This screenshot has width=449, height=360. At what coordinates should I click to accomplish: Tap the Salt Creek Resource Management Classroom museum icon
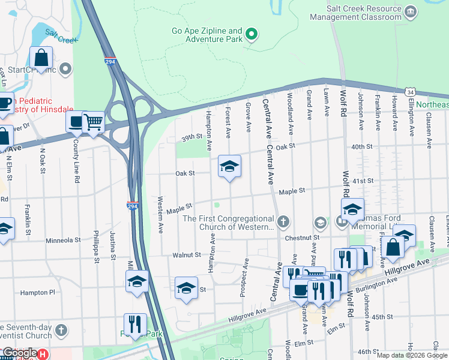(x=411, y=12)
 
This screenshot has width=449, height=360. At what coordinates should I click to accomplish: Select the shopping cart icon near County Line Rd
(x=93, y=122)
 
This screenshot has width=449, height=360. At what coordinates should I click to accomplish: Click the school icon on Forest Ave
(x=229, y=166)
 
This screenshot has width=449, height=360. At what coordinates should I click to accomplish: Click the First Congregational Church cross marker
(x=283, y=223)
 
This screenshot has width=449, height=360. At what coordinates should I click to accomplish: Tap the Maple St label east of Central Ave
(x=292, y=191)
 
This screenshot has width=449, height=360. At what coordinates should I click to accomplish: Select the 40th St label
(x=363, y=147)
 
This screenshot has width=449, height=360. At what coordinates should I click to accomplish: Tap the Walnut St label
(x=186, y=255)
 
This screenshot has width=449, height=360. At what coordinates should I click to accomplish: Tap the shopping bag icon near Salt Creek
(x=41, y=58)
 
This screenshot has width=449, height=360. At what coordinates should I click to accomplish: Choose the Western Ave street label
(x=160, y=214)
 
